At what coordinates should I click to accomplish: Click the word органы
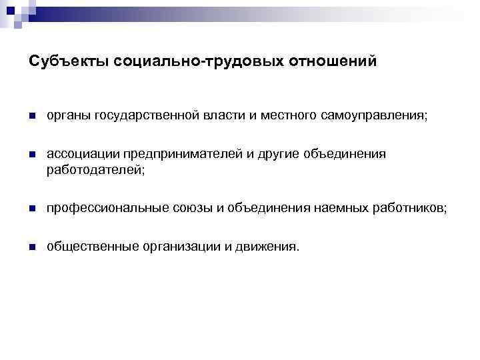[x=67, y=116]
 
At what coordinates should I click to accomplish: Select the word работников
[x=408, y=209]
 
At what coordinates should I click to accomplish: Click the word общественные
[x=91, y=247]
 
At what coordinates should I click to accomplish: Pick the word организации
[x=180, y=247]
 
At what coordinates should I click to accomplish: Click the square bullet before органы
[x=32, y=117]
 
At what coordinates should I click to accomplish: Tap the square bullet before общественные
[x=32, y=247]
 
